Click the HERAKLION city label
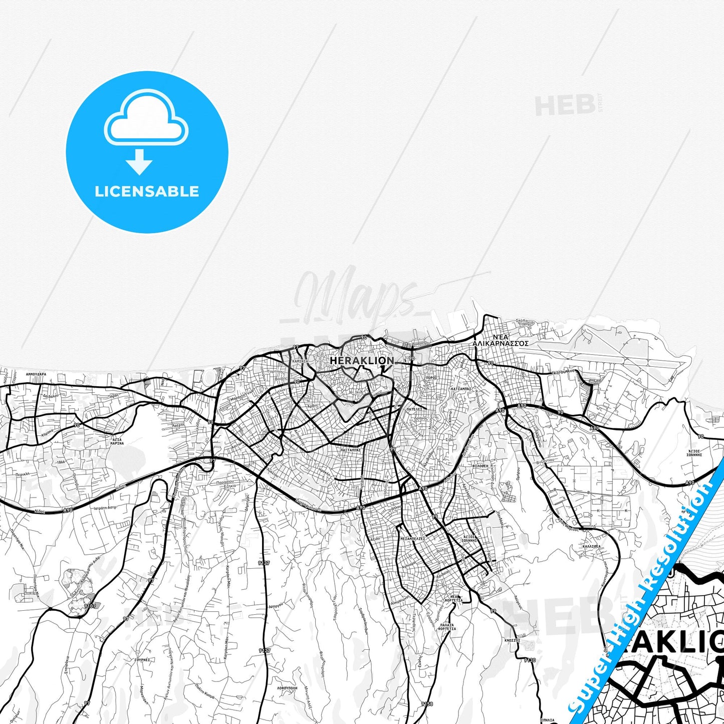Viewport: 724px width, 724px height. [x=362, y=361]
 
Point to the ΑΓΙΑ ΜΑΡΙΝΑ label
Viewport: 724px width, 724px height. [x=117, y=441]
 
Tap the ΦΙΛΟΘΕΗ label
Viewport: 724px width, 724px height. [x=480, y=465]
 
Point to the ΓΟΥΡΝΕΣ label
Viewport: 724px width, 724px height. [x=142, y=660]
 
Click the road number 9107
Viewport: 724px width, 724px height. [x=90, y=606]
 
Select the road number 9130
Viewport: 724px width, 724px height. [x=530, y=660]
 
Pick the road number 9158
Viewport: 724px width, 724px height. [x=427, y=704]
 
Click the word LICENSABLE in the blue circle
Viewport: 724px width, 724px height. [x=147, y=191]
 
